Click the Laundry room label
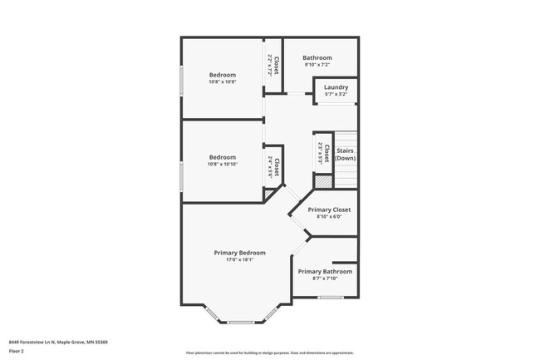click(x=336, y=87)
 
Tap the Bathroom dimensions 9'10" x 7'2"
click(x=317, y=65)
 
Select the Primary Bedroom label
click(x=239, y=253)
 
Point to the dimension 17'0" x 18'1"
click(x=239, y=260)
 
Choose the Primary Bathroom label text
click(x=325, y=272)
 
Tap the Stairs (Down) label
click(x=346, y=154)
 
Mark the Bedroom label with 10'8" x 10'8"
click(x=222, y=75)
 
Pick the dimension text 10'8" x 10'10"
click(x=222, y=165)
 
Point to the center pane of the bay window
click(x=241, y=322)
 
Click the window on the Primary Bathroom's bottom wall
click(x=331, y=297)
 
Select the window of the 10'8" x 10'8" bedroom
click(x=182, y=81)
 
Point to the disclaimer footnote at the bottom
click(x=269, y=353)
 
